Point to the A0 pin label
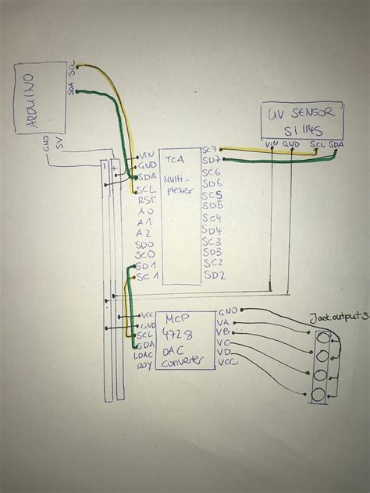[145, 211]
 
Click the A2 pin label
[144, 232]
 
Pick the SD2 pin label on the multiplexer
[215, 275]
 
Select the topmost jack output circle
[320, 338]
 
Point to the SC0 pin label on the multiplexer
[145, 254]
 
